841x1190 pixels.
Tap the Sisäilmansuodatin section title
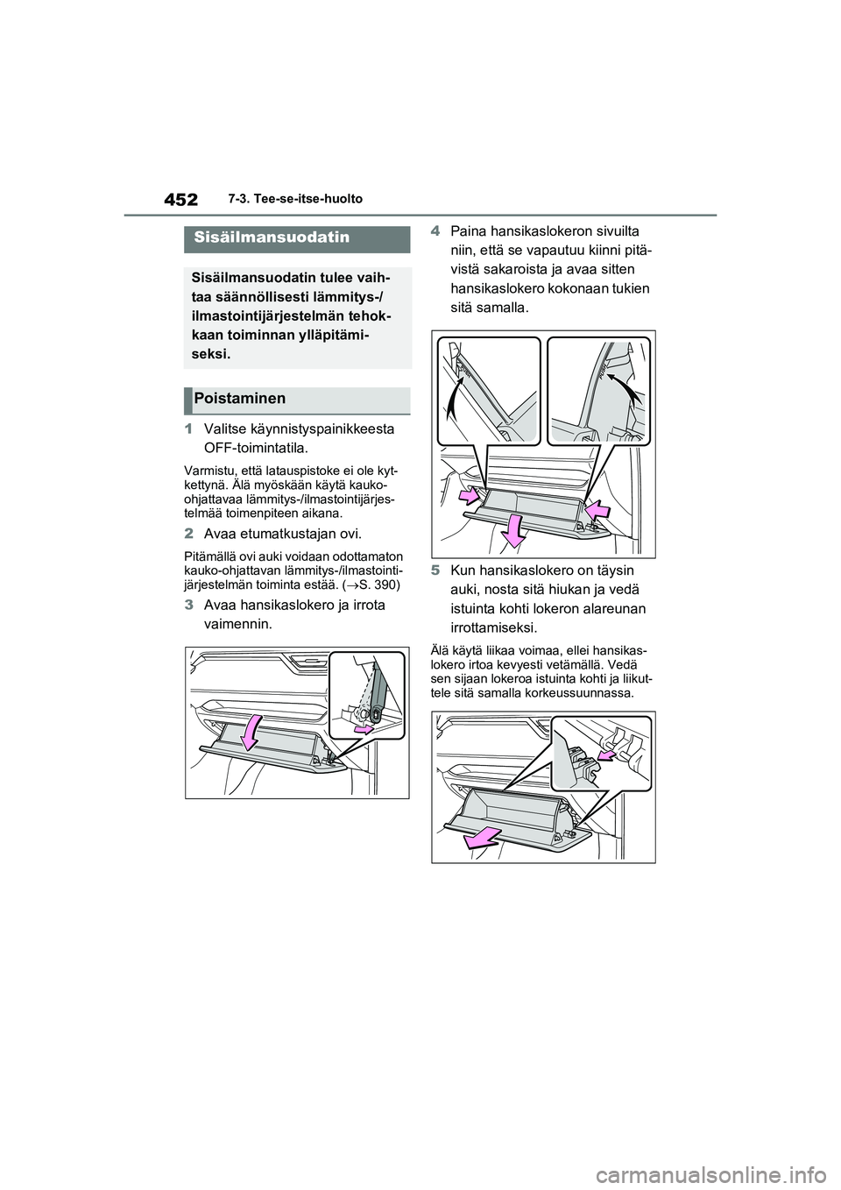click(259, 237)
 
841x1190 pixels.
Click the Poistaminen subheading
click(240, 399)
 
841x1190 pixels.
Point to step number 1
click(188, 429)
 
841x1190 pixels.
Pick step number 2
click(188, 534)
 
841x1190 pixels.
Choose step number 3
click(188, 606)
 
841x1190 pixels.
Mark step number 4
click(435, 230)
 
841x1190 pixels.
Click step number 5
click(435, 570)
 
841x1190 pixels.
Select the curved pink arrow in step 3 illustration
click(251, 731)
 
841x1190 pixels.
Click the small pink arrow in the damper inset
click(361, 727)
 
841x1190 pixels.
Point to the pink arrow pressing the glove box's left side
click(469, 497)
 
